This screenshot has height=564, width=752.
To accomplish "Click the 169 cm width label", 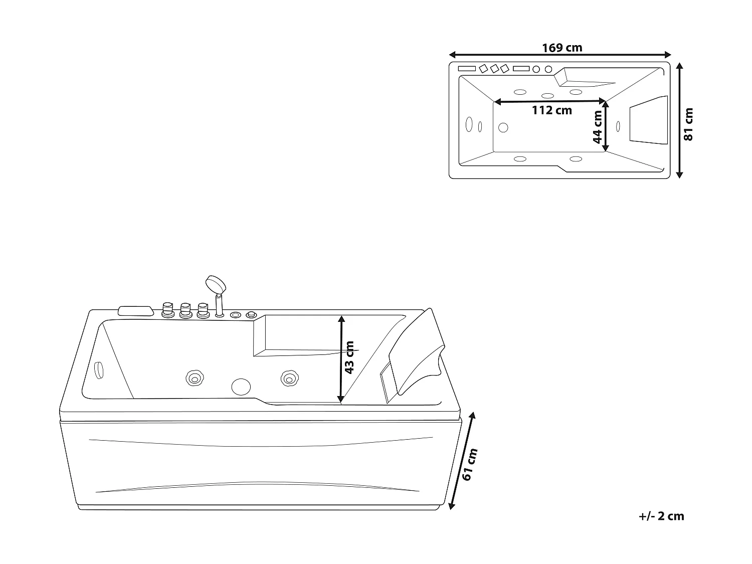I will coord(562,48).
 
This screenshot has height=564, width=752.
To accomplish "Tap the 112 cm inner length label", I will coord(551,110).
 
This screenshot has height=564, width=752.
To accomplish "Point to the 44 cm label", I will coord(597,127).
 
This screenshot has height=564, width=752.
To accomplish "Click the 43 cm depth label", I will coord(349,357).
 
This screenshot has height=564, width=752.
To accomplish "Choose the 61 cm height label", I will coord(470,465).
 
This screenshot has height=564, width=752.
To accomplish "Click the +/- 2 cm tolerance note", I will coord(661,516).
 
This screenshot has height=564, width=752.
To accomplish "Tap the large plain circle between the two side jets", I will coord(241,386).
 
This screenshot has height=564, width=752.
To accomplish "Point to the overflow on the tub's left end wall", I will coord(99,370).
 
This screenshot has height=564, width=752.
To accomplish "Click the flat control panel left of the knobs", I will coord(135,310).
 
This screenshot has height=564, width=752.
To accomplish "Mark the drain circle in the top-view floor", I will coord(503,127).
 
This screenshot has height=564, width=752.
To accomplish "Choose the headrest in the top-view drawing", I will coord(649,121).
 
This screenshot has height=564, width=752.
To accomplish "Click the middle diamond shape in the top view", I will coord(495,69).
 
